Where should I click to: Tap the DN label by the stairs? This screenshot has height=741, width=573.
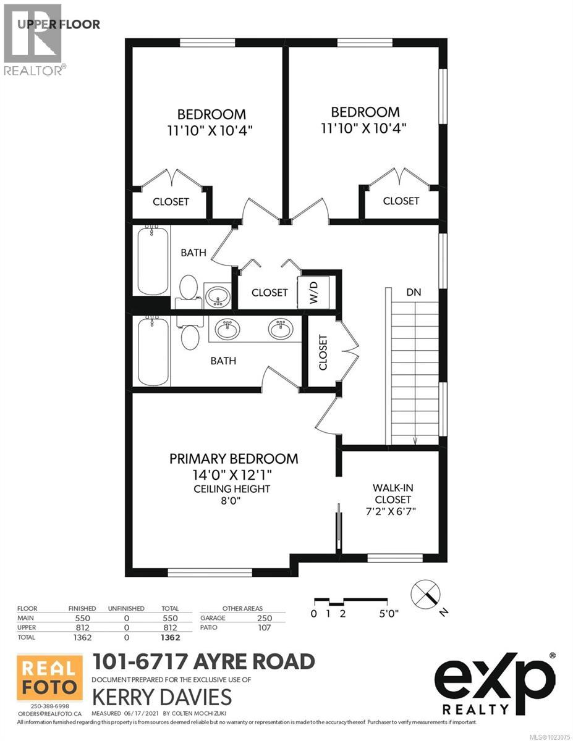[x=414, y=292]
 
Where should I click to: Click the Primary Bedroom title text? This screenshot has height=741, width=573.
[x=234, y=459]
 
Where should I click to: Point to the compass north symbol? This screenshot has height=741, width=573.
[x=427, y=594]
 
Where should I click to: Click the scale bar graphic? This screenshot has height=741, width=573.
[x=351, y=601]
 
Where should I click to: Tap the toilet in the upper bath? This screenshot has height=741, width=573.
[x=189, y=288]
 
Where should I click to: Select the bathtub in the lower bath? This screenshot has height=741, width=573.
[x=152, y=351]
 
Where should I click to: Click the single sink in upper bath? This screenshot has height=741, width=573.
[x=216, y=297]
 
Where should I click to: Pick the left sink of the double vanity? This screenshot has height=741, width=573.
[x=227, y=329]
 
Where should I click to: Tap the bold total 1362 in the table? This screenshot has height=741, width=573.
[x=169, y=637]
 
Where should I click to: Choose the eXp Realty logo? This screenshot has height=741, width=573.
[x=494, y=684]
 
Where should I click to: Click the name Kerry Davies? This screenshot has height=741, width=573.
[x=162, y=697]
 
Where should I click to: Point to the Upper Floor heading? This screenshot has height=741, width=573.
[x=59, y=24]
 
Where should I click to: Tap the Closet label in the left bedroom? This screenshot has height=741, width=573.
[x=171, y=202]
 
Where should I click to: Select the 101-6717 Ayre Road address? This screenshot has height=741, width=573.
[x=203, y=661]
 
